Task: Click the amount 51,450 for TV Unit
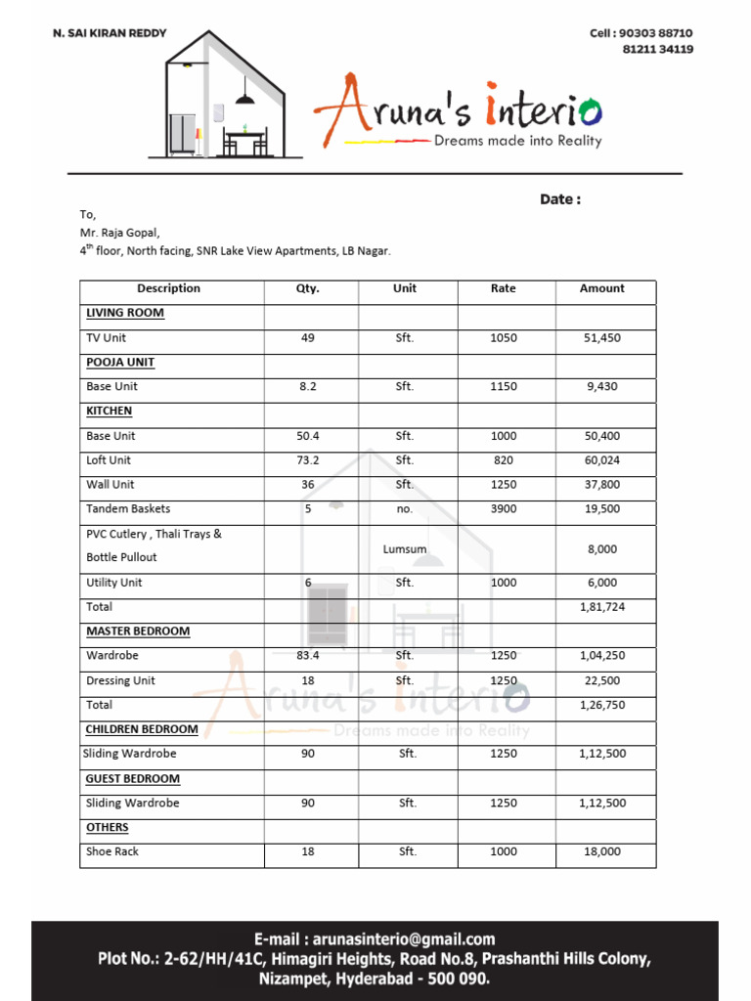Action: (601, 338)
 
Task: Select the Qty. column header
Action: (308, 288)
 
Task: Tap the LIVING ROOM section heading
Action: (125, 313)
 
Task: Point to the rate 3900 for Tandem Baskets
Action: (504, 509)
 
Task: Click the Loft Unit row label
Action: (109, 460)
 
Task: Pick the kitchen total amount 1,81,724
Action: (601, 607)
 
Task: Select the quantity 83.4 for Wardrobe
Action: (308, 656)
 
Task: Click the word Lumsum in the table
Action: (405, 549)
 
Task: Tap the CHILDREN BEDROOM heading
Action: (142, 729)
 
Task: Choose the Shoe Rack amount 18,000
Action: (601, 851)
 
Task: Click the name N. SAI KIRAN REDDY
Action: (110, 33)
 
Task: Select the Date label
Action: (560, 199)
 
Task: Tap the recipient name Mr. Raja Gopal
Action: (119, 233)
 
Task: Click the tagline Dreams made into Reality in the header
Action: (517, 141)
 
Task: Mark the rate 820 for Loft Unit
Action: (504, 460)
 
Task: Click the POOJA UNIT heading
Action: (120, 362)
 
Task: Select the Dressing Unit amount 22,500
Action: (601, 680)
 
